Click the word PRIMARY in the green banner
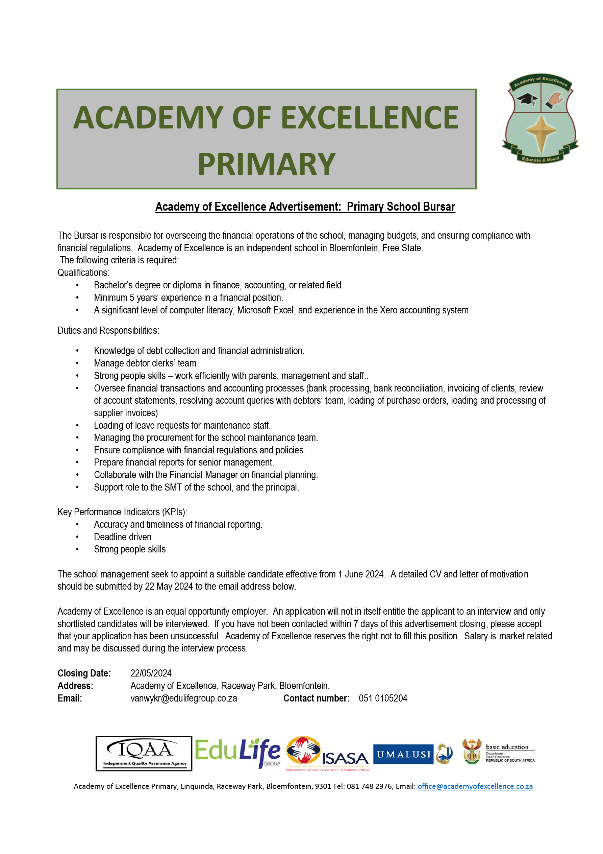(x=266, y=164)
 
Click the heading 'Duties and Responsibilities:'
(x=108, y=330)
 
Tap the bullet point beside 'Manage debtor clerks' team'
(x=77, y=363)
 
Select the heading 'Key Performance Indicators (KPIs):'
(x=122, y=512)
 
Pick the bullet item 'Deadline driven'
(x=122, y=537)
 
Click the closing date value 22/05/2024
(x=151, y=673)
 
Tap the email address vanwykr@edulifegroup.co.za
(x=184, y=698)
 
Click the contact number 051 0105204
(x=383, y=698)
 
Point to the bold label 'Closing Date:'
(x=84, y=673)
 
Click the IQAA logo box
(x=144, y=754)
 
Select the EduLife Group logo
(x=237, y=752)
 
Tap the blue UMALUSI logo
(x=403, y=754)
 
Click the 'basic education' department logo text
(x=507, y=747)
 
